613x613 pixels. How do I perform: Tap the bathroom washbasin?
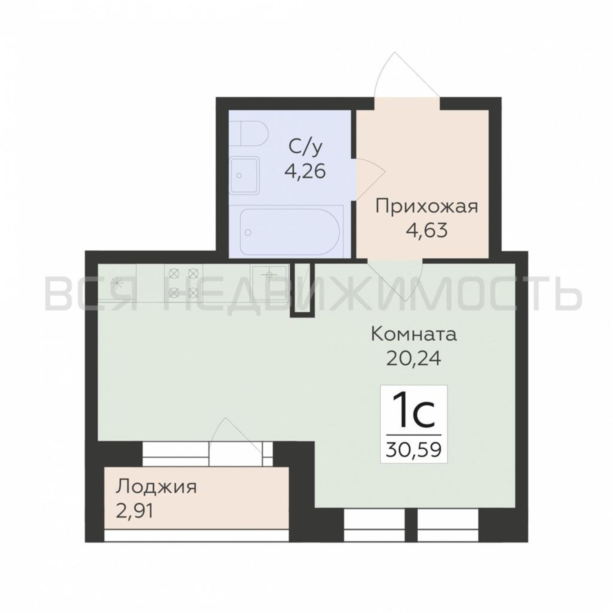point(245,175)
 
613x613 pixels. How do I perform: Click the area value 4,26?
point(305,172)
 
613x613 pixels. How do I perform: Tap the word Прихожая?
point(426,207)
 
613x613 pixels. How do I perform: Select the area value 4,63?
point(427,230)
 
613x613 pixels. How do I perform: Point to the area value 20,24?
point(414,359)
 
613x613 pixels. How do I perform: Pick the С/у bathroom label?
point(305,147)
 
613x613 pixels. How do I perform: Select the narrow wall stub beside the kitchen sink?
point(303,289)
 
